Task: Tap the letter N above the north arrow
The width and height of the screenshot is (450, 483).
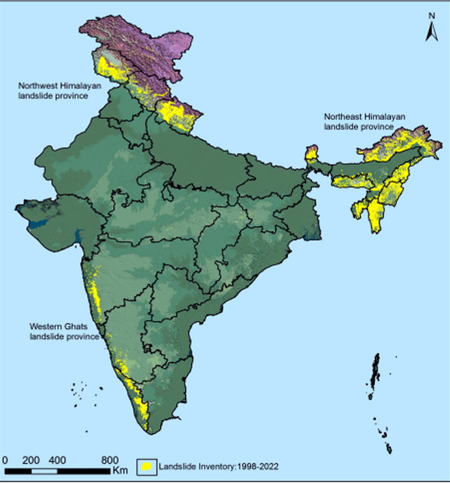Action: pos(431,16)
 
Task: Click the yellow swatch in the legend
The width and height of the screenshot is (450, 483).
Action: pos(147,466)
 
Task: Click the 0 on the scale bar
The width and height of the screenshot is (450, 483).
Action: pos(5,459)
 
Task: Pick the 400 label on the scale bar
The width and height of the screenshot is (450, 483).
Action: pos(57,459)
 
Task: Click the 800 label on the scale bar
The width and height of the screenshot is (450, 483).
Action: pos(109,459)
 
